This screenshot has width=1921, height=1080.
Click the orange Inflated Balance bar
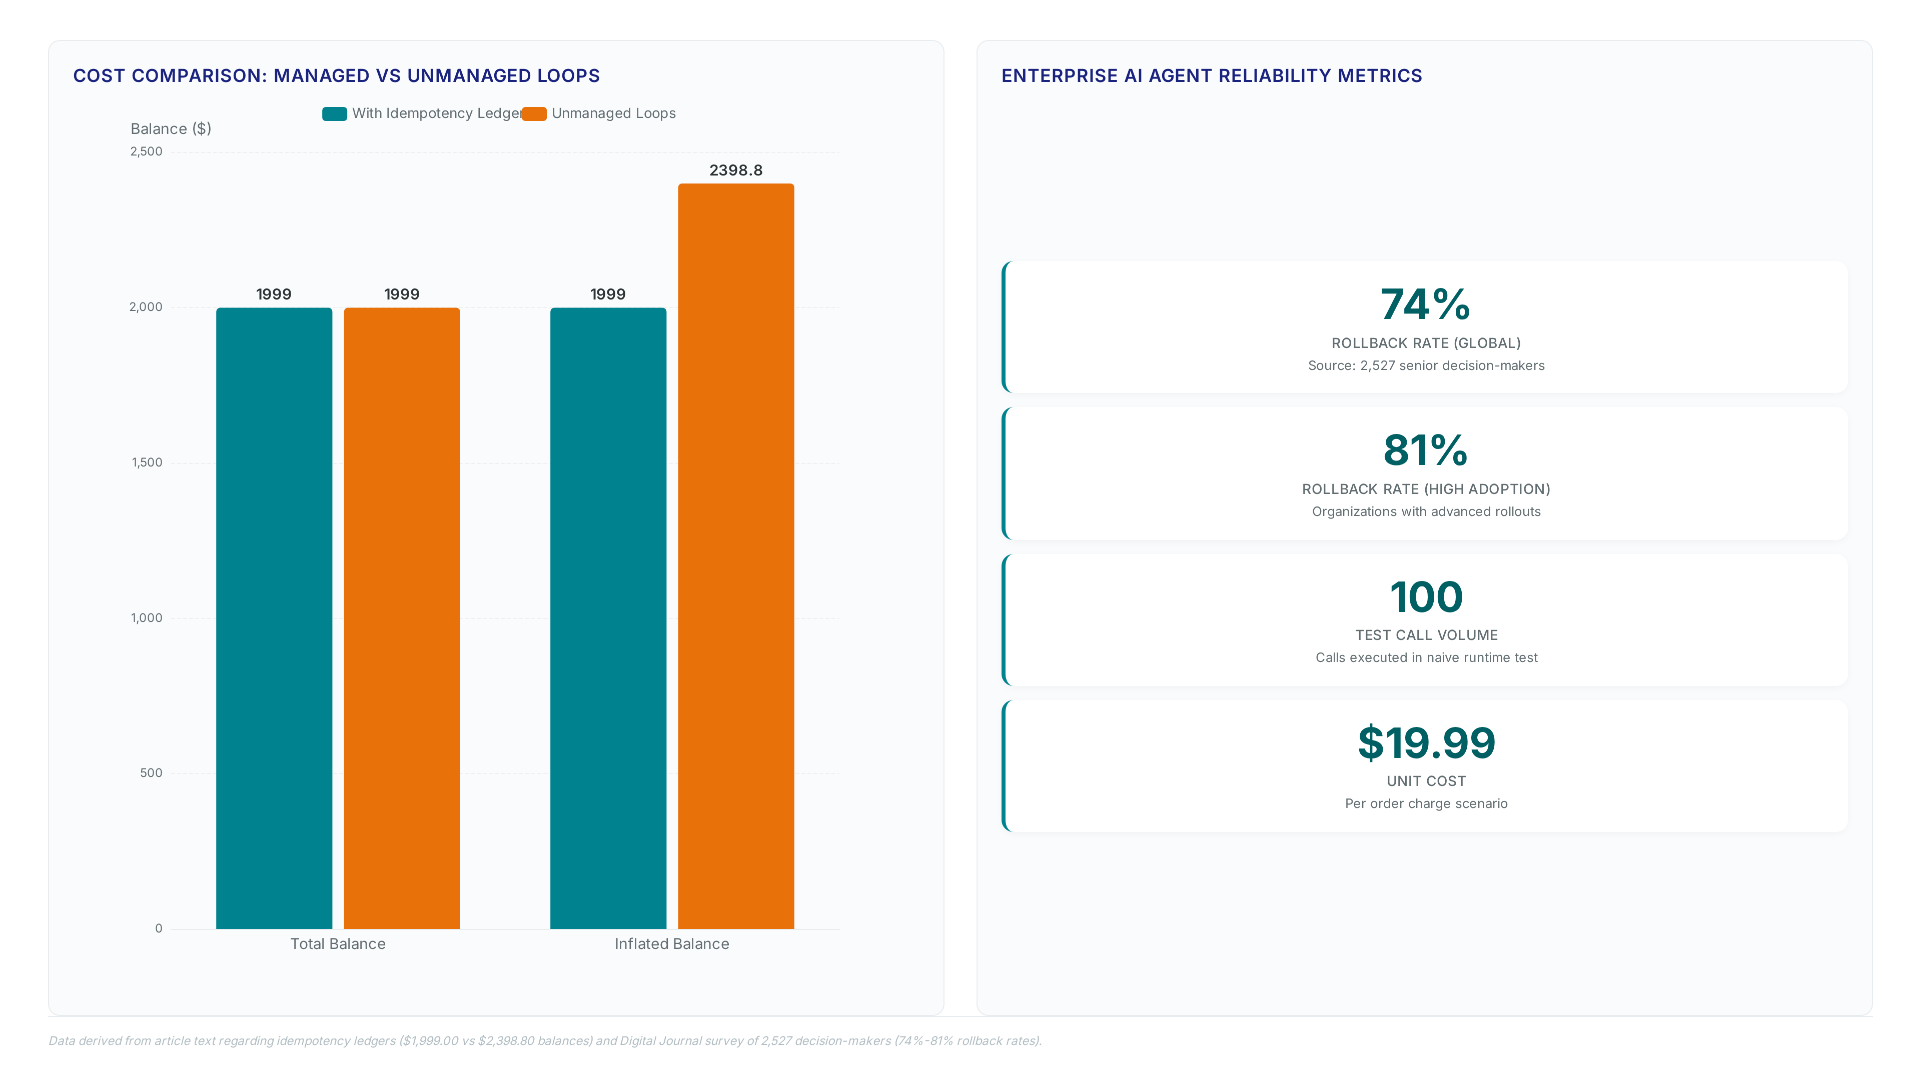point(735,556)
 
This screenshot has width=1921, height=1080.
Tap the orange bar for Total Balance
point(401,618)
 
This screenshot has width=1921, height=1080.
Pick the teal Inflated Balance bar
point(608,618)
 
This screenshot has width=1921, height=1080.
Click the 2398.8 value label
point(735,170)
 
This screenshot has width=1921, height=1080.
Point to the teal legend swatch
point(334,113)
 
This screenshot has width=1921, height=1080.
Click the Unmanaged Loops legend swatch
point(534,113)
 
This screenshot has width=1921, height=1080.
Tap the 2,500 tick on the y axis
point(146,151)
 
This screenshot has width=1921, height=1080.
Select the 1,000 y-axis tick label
point(146,618)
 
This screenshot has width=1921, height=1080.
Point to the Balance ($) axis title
point(171,129)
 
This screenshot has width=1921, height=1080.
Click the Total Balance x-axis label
point(338,943)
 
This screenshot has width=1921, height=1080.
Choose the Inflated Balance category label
point(672,943)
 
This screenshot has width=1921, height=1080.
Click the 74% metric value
point(1425,305)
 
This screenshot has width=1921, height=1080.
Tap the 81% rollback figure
point(1425,451)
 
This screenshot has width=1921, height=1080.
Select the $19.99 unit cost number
point(1426,743)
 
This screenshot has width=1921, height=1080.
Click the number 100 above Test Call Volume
point(1426,597)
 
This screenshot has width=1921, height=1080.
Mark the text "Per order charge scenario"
point(1426,803)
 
